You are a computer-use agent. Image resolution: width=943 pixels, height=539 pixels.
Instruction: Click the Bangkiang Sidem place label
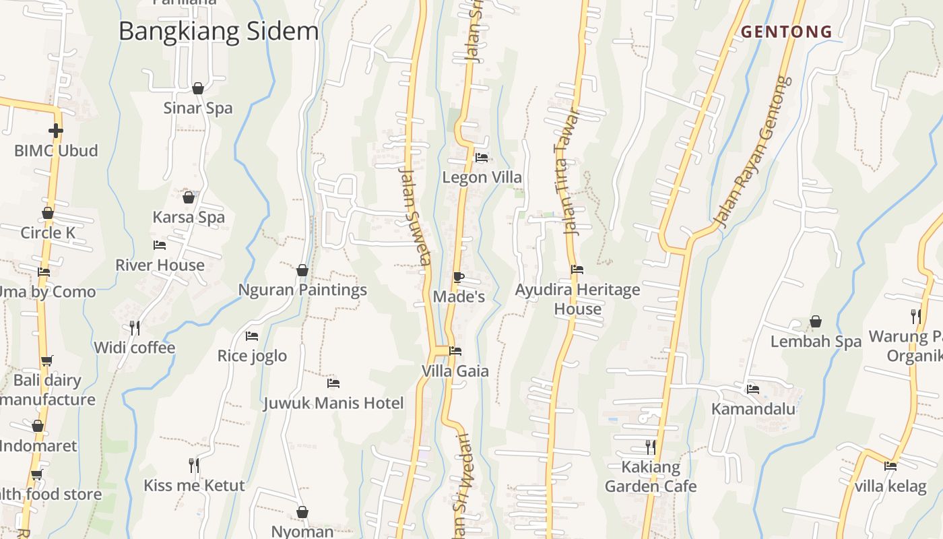pos(218,32)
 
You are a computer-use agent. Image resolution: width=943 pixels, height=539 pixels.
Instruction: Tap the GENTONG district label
pos(787,32)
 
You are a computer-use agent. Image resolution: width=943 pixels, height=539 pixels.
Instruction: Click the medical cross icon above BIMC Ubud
pos(56,130)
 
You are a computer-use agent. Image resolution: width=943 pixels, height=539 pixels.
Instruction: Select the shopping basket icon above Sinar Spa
pos(198,88)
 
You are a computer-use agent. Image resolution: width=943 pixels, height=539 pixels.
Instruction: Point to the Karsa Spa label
pos(189,218)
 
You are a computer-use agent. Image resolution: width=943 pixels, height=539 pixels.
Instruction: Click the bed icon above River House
pos(160,245)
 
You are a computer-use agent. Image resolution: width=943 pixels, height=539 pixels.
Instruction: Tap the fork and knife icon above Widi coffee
pos(135,328)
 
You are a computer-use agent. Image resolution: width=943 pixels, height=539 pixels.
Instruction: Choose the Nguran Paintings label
pos(302,290)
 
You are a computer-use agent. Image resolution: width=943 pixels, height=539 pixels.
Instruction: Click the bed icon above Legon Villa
pos(482,158)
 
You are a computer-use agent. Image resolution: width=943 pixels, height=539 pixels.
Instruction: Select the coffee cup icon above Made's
pos(459,277)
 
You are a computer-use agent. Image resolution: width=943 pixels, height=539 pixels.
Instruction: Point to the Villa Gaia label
pos(455,371)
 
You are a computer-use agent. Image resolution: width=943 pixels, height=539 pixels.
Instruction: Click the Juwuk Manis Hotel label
pos(333,404)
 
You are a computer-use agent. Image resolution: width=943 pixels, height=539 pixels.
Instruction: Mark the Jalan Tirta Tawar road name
pos(567,171)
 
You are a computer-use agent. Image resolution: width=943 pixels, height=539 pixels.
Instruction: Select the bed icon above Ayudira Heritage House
pos(577,269)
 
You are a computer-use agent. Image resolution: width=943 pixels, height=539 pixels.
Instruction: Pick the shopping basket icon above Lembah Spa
pos(816,321)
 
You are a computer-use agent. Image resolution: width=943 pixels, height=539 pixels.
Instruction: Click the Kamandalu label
pos(753,409)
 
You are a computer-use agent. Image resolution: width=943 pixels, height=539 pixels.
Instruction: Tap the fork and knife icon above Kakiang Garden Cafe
pos(651,447)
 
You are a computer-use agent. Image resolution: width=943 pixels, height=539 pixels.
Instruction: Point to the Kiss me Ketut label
pos(194,485)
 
